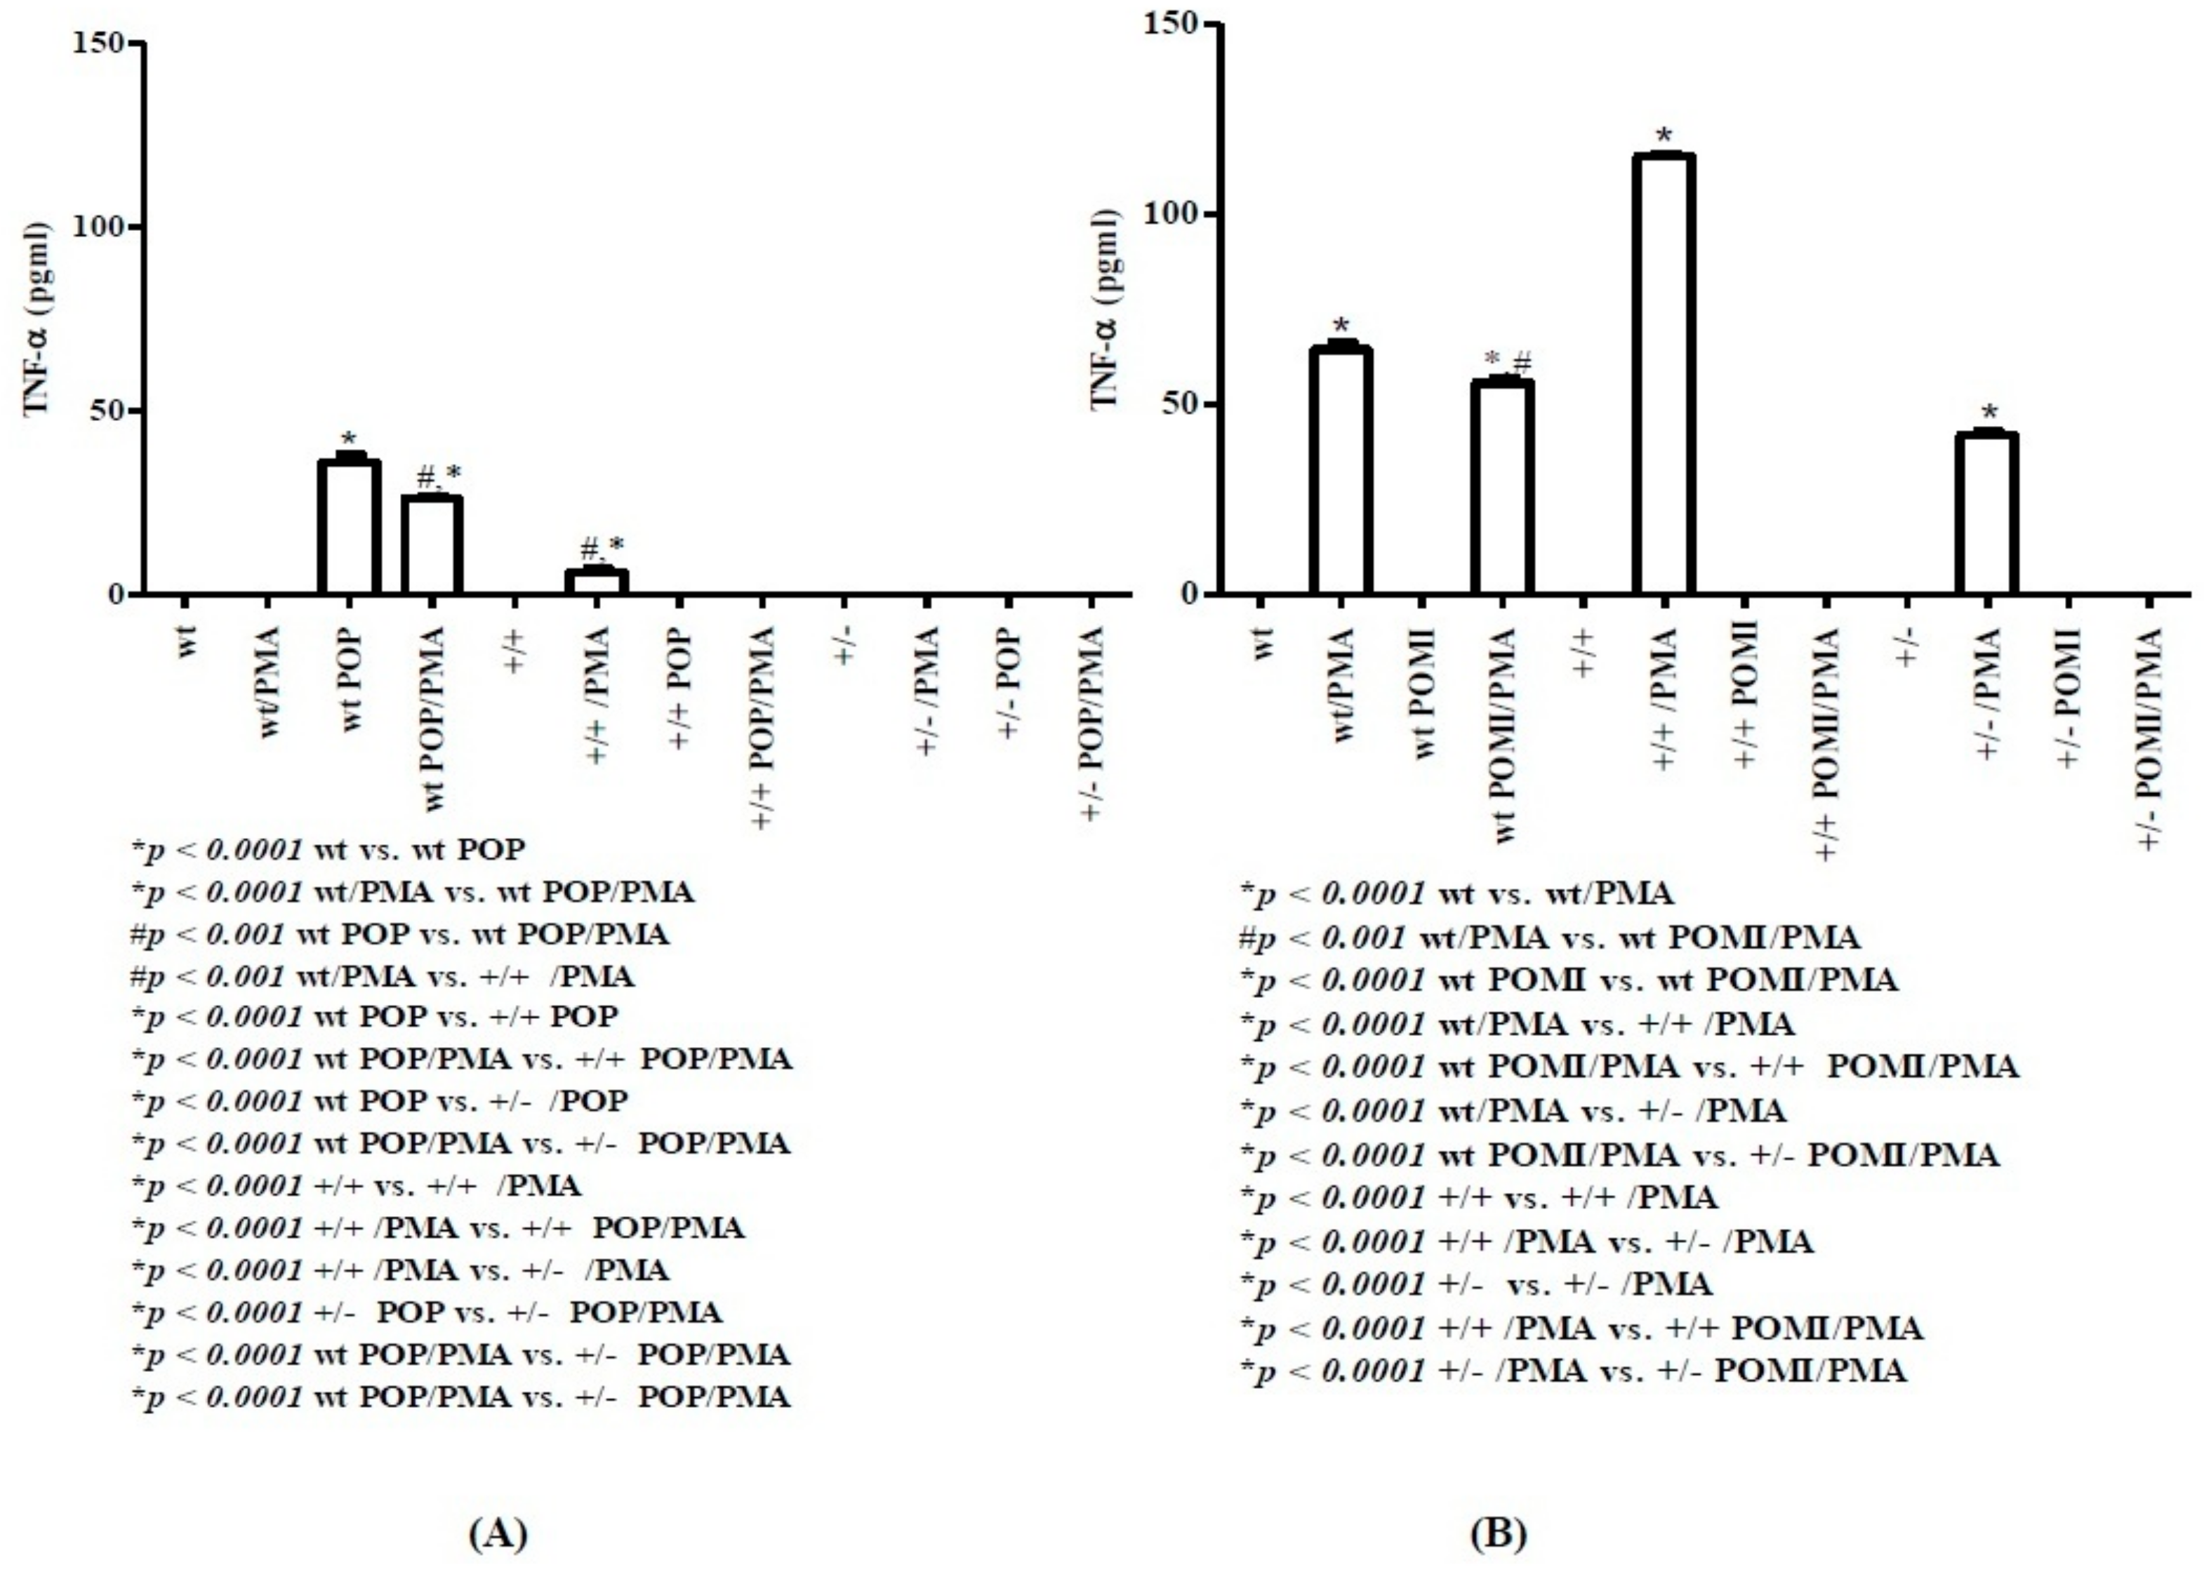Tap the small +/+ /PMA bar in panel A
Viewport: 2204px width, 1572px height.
tap(597, 581)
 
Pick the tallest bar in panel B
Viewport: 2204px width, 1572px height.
tap(1663, 373)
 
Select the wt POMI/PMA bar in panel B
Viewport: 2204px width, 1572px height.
tap(1501, 487)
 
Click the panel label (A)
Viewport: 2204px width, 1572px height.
tap(498, 1533)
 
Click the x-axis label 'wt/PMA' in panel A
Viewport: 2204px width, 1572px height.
tap(270, 682)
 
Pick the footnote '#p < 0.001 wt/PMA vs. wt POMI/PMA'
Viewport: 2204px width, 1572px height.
tap(1548, 937)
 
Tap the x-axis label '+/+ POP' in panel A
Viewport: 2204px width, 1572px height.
tap(680, 689)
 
